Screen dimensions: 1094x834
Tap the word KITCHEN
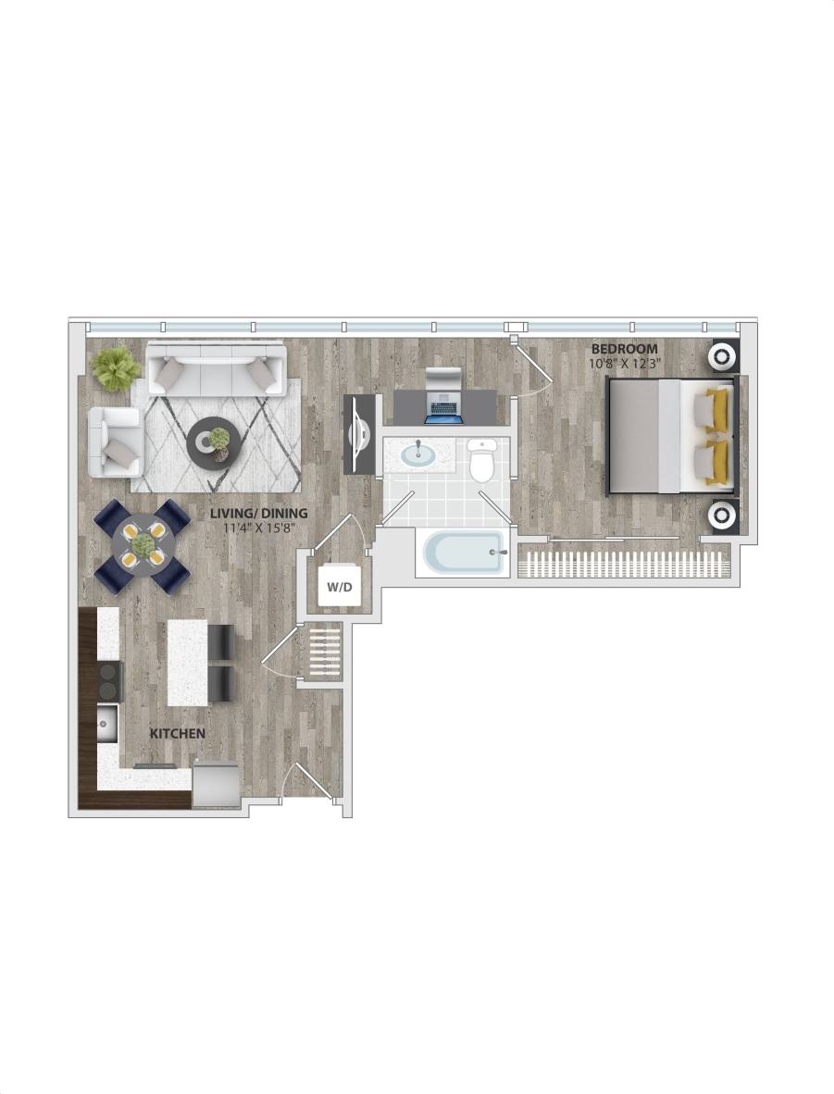[x=177, y=733]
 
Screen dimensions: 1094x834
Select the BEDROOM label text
[x=625, y=349]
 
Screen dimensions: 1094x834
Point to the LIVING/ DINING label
[x=258, y=513]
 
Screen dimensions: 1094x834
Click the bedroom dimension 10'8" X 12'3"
[x=624, y=363]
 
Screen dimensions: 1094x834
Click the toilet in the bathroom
[x=481, y=462]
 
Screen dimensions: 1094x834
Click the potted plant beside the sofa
[x=117, y=367]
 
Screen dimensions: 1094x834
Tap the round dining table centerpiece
[x=143, y=546]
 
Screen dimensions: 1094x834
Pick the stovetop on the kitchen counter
[x=110, y=680]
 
